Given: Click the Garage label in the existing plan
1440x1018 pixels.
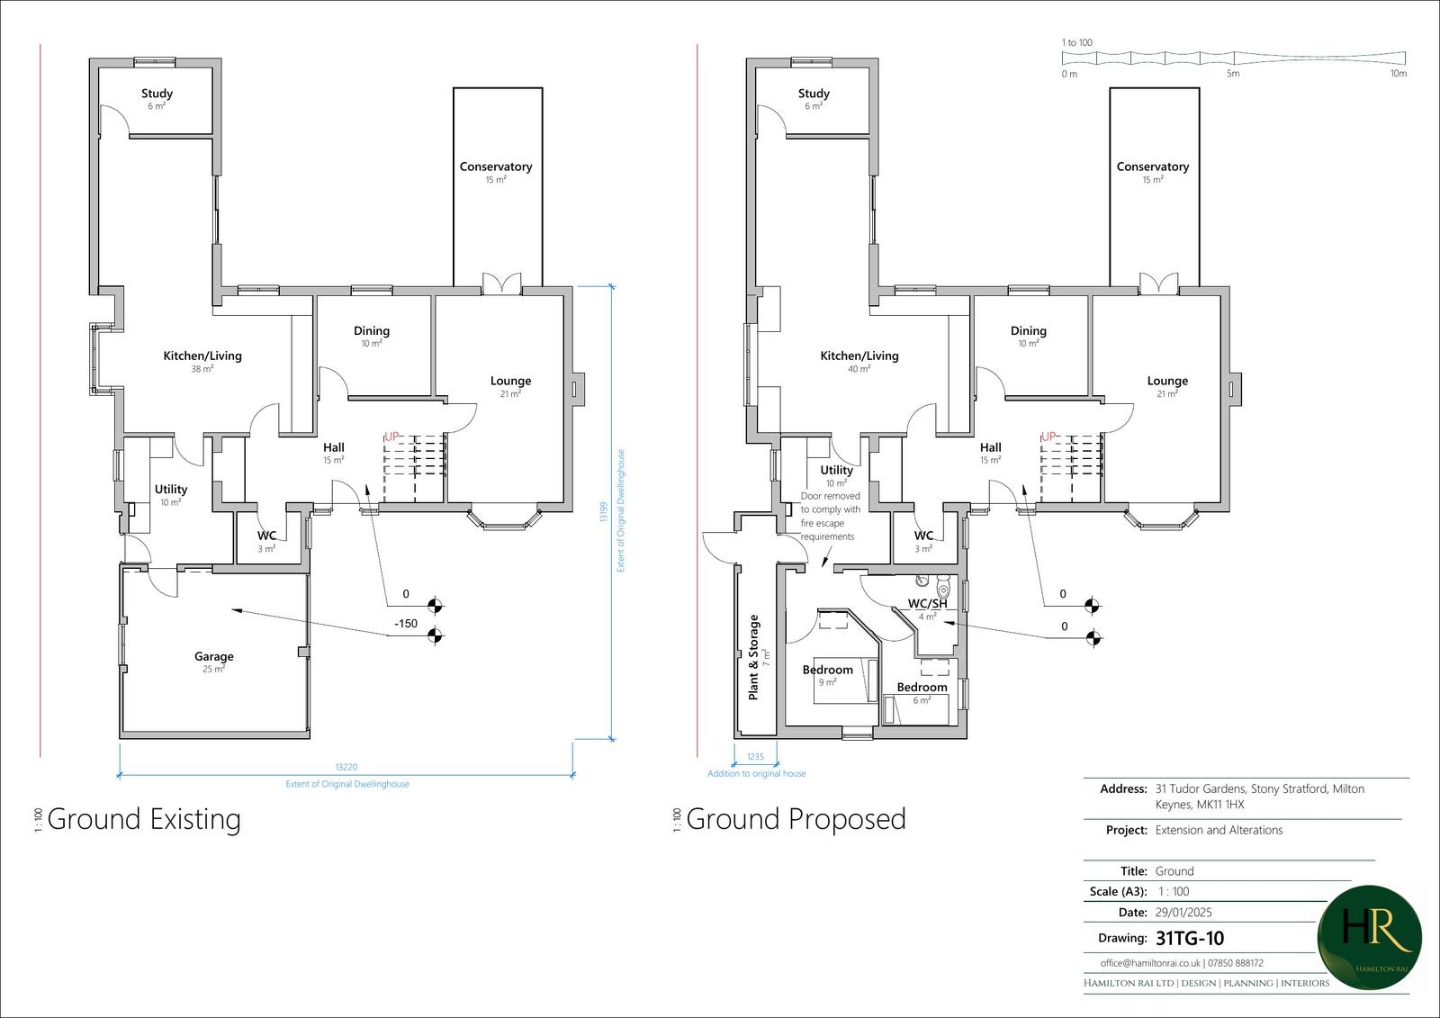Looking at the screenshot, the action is point(214,656).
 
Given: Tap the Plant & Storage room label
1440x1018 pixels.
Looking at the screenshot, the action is point(753,656).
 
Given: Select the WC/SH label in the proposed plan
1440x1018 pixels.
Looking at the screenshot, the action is point(927,604).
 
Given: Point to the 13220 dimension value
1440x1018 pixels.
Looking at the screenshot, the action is point(346,767).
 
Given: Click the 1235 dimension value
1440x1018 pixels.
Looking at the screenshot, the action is point(755,756).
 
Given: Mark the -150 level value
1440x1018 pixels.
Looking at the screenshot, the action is point(406,623).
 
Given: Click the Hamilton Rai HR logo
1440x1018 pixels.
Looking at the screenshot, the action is point(1369,938).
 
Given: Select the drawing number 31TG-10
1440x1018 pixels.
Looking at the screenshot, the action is point(1189,938).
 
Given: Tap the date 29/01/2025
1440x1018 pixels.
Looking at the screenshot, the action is point(1183,912).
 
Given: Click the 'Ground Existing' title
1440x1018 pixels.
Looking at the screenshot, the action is point(144,819).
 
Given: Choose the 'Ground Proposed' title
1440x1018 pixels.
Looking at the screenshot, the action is point(796,819).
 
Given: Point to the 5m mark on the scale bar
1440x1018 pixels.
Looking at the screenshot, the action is point(1233,73).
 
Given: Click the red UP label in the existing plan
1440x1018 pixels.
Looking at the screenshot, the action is point(391,437).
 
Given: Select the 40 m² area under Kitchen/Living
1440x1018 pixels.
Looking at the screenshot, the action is point(859,369).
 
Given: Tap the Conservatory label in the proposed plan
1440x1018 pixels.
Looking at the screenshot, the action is point(1153,167).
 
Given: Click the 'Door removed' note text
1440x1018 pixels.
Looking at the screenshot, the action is point(830,496).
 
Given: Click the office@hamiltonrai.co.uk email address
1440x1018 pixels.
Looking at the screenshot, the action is point(1150,963).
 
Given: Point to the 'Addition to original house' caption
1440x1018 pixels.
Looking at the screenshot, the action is point(757,774).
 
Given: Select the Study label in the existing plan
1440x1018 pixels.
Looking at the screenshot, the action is point(157,94).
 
